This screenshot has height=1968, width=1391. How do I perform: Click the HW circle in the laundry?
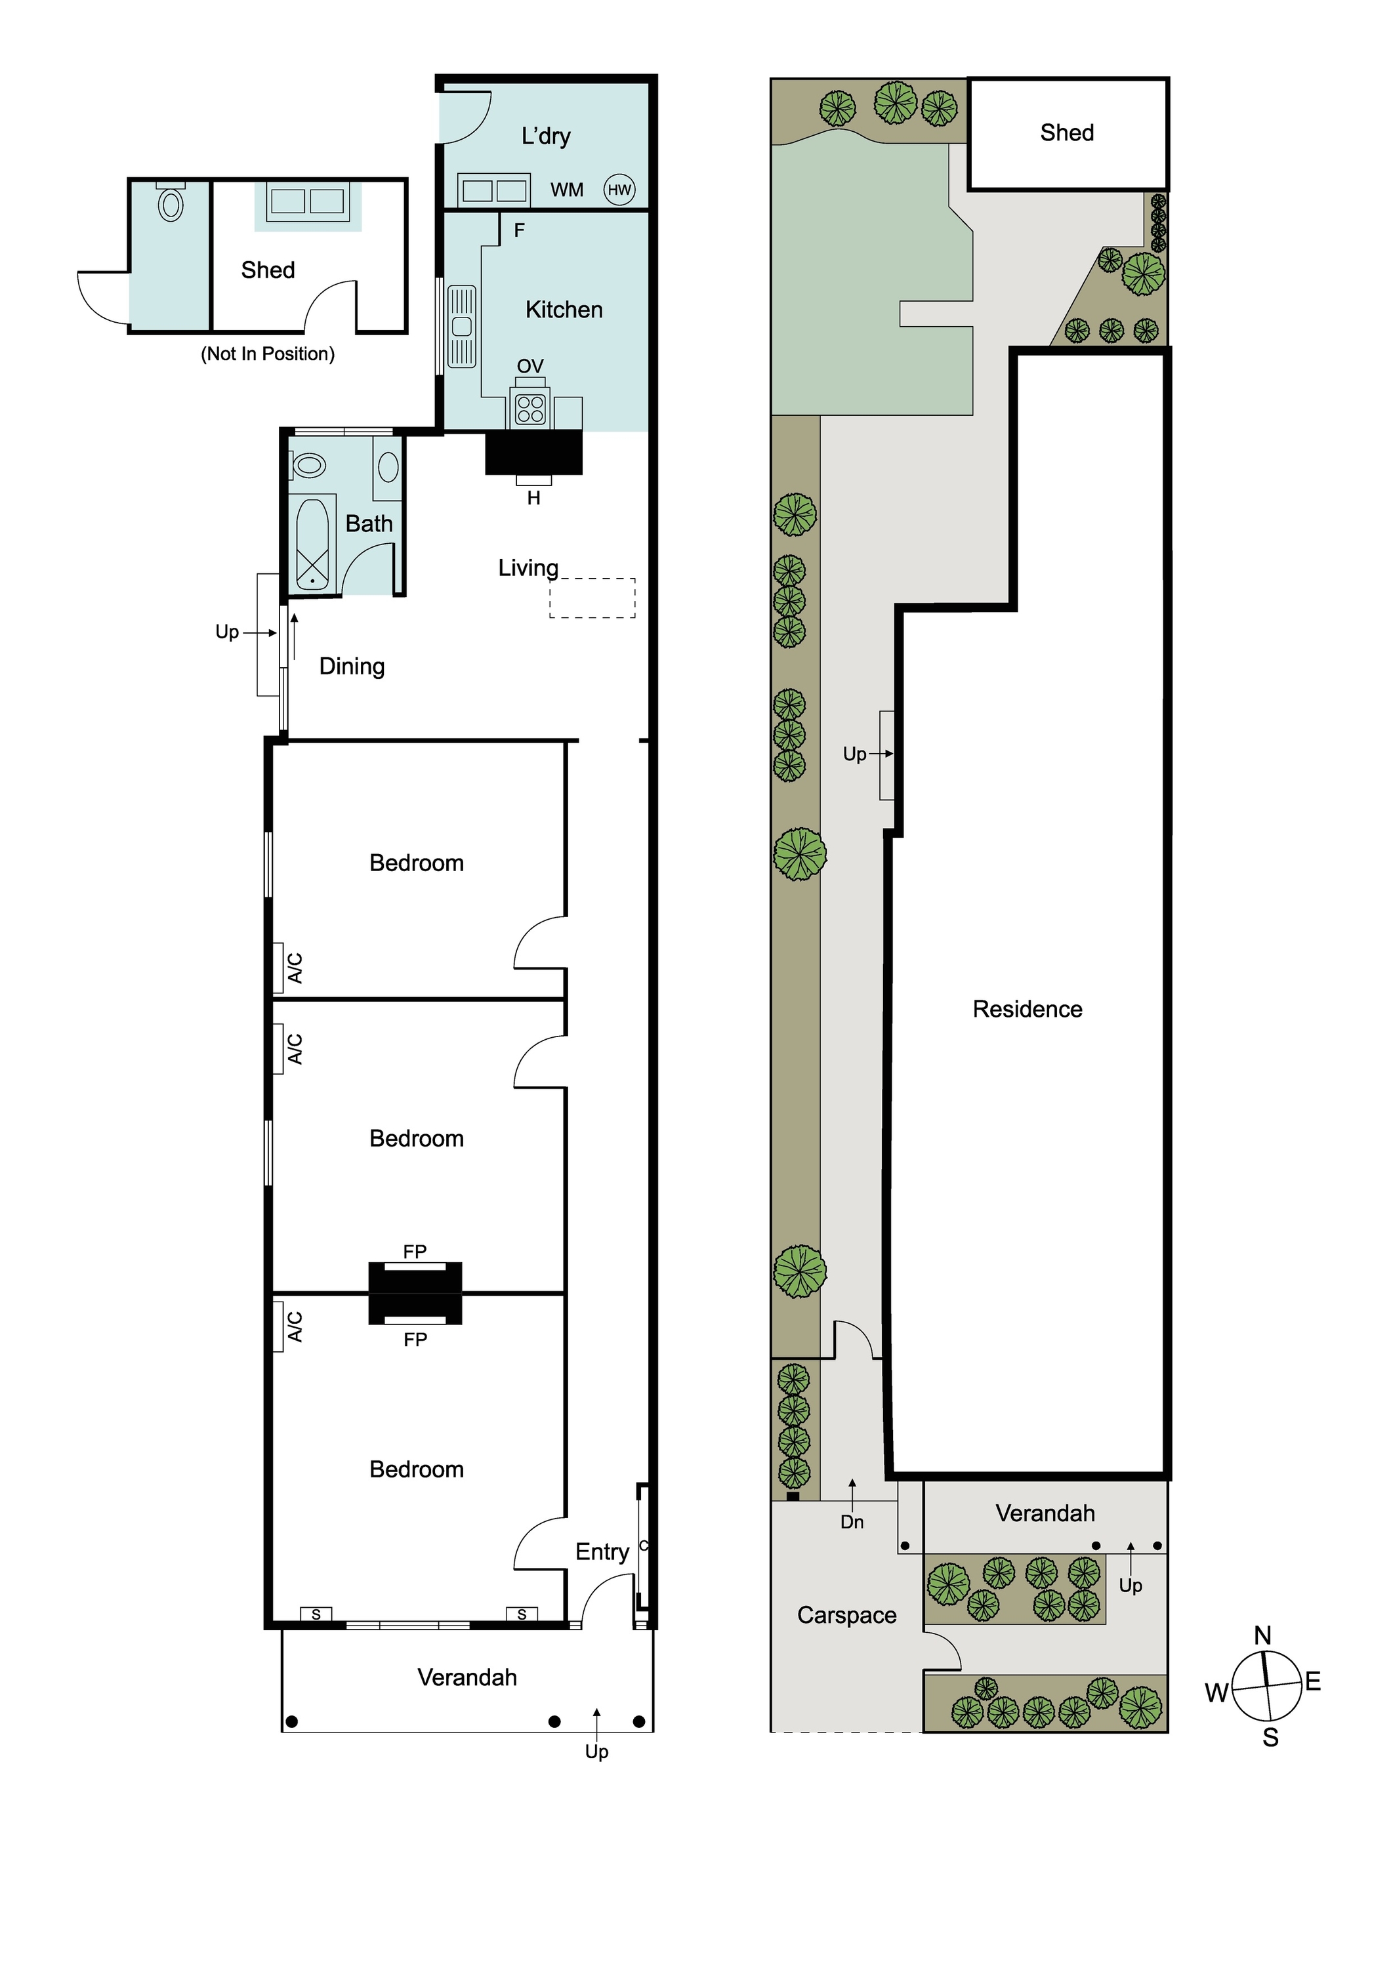619,190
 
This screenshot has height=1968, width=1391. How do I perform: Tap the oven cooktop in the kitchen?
531,409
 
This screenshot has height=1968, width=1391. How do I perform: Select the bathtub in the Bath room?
313,543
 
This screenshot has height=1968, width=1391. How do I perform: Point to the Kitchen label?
564,310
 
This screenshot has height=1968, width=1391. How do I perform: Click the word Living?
528,568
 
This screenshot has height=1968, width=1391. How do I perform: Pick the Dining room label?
352,667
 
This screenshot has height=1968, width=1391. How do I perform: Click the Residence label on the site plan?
1027,1009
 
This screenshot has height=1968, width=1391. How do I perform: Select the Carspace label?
847,1615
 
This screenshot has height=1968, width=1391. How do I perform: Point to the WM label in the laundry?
566,190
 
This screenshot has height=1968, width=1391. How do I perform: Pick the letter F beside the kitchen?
518,230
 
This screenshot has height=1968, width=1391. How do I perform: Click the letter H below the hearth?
533,498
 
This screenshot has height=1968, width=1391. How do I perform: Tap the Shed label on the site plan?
1067,133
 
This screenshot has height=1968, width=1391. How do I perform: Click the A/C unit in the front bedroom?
279,1327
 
